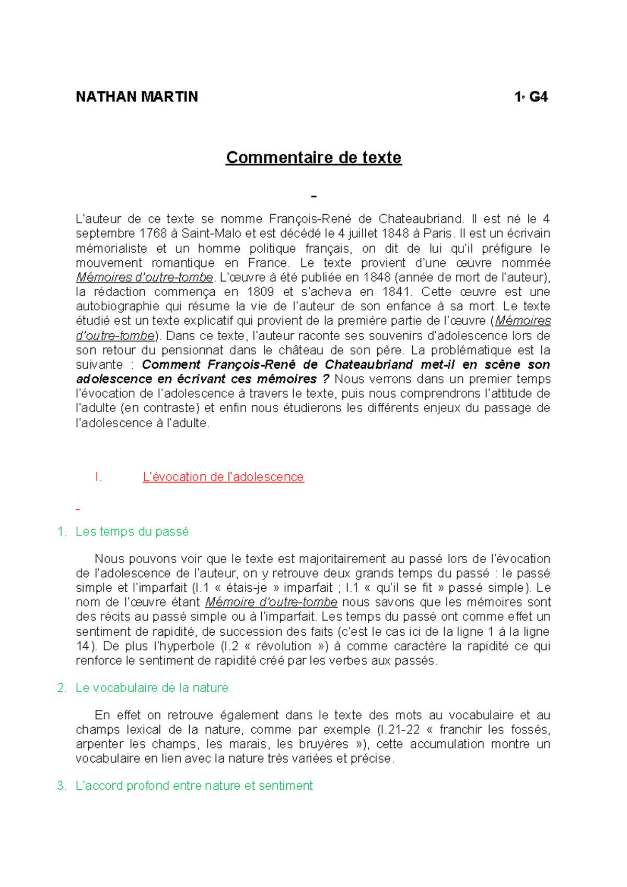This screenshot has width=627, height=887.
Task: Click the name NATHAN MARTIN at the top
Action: pyautogui.click(x=137, y=97)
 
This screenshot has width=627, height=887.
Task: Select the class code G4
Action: pyautogui.click(x=538, y=97)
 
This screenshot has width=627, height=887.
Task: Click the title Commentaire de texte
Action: pyautogui.click(x=313, y=157)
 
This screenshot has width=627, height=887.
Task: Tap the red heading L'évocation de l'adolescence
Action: pyautogui.click(x=223, y=477)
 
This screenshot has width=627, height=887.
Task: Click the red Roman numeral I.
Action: pyautogui.click(x=98, y=477)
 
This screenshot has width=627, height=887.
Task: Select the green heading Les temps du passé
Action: pyautogui.click(x=132, y=532)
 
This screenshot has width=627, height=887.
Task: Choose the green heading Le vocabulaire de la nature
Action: pyautogui.click(x=152, y=688)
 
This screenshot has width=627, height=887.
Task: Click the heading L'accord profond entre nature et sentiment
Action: pyautogui.click(x=194, y=786)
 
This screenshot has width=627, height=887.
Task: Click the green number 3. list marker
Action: pyautogui.click(x=62, y=786)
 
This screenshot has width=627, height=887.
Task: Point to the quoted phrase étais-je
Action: pyautogui.click(x=245, y=588)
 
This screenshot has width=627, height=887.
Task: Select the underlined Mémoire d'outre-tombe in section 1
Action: pyautogui.click(x=271, y=602)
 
